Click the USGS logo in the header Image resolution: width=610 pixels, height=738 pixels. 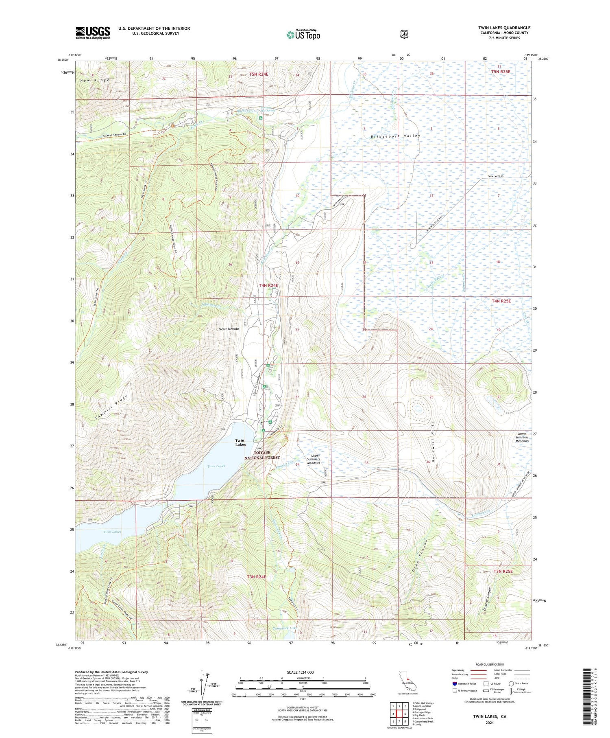pyautogui.click(x=93, y=33)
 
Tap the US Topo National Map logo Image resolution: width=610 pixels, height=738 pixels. pyautogui.click(x=303, y=35)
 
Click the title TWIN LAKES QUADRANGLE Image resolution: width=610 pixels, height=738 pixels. pyautogui.click(x=504, y=28)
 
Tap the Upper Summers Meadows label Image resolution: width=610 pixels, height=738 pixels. pyautogui.click(x=313, y=459)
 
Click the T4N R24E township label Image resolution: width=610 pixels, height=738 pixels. pyautogui.click(x=268, y=285)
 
